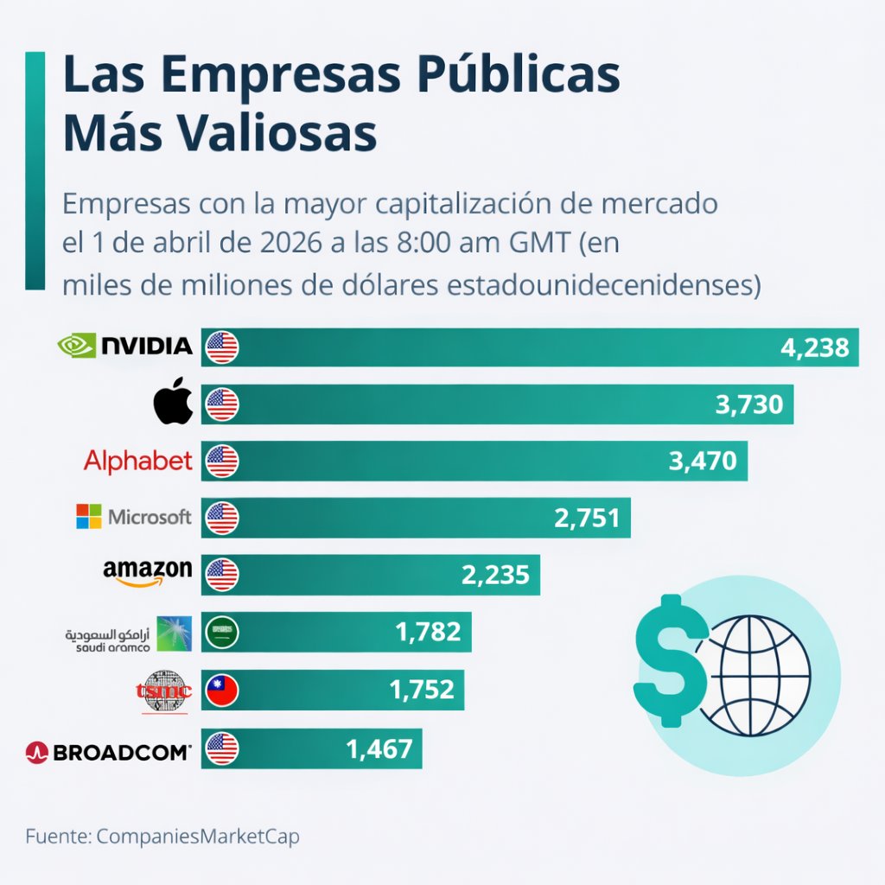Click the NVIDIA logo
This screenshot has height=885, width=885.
click(124, 346)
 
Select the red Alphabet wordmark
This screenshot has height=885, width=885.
click(137, 461)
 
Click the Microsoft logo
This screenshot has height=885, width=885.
click(133, 517)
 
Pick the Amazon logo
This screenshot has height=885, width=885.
click(147, 571)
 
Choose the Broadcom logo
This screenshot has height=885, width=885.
click(108, 752)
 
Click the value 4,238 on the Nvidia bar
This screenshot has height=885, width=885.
click(815, 347)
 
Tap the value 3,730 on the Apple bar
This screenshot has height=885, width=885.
click(749, 404)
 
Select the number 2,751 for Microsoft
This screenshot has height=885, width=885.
click(586, 518)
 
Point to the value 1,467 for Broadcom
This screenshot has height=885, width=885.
click(379, 748)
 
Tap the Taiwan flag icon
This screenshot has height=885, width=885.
click(222, 691)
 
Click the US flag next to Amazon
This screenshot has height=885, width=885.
click(222, 575)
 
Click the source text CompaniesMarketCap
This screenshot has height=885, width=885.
click(198, 837)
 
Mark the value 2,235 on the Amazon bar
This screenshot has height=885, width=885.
click(495, 575)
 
